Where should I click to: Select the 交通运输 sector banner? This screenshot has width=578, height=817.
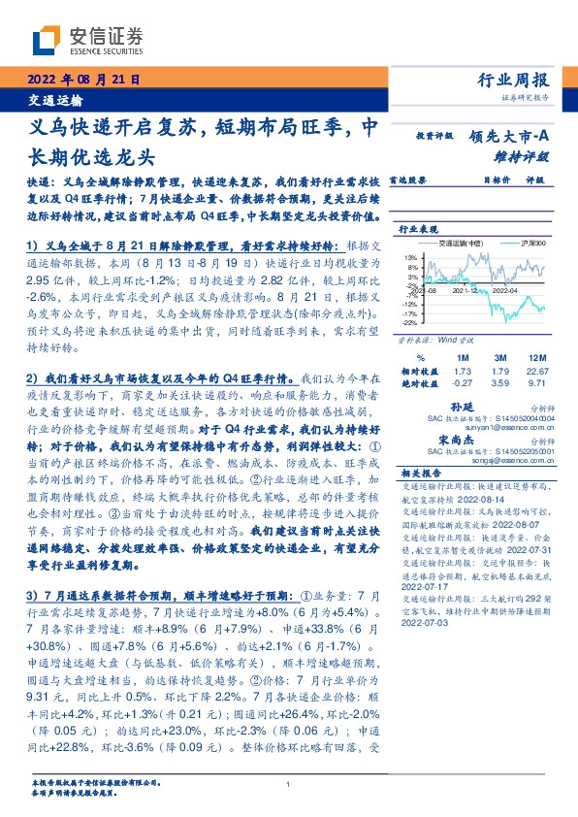coord(54,100)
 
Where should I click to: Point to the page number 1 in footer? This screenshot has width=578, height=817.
coord(289,784)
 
